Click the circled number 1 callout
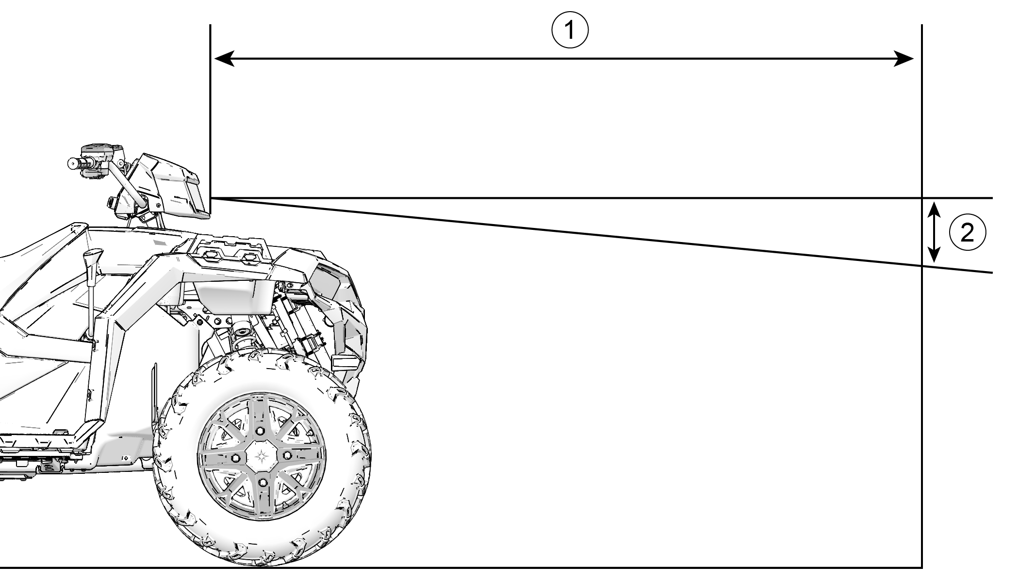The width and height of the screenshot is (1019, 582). (x=570, y=31)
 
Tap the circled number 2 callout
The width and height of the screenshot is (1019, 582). (x=967, y=233)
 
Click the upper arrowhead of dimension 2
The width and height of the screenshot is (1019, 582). (x=934, y=211)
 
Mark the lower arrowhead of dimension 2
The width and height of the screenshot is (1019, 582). (x=934, y=255)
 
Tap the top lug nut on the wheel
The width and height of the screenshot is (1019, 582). (x=261, y=431)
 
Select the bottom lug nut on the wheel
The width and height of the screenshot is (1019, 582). (x=263, y=482)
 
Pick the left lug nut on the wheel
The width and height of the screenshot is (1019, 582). (x=236, y=458)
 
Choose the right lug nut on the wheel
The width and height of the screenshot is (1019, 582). (x=287, y=454)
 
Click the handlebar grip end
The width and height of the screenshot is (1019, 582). (x=72, y=163)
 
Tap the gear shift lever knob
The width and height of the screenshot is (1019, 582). (x=94, y=257)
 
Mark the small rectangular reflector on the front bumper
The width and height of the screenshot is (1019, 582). (x=346, y=361)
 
